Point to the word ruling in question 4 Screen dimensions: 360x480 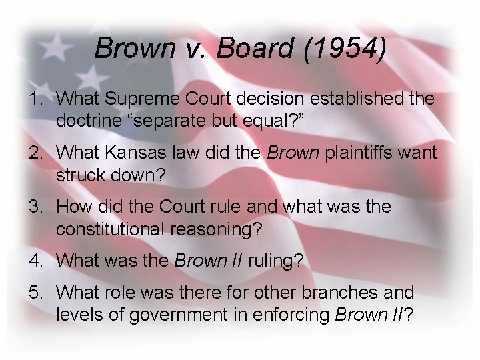point(275,261)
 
